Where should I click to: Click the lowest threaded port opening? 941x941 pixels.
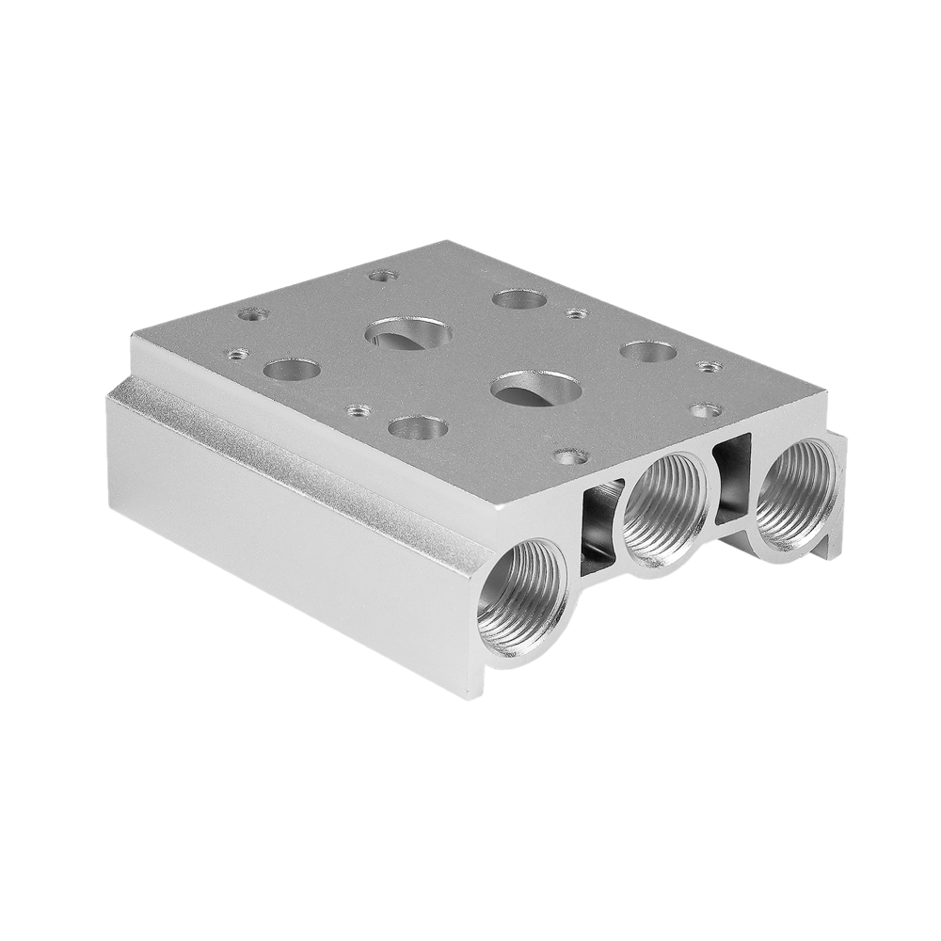[522, 601]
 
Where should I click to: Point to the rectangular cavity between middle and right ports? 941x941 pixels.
[733, 478]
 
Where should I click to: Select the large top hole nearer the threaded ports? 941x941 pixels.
[534, 388]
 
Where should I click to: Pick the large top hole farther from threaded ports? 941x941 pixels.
[407, 333]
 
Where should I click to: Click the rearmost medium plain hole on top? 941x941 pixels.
[518, 299]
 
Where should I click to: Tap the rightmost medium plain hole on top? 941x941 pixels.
[648, 351]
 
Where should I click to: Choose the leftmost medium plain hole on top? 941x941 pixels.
[291, 369]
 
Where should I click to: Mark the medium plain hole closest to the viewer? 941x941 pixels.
[417, 427]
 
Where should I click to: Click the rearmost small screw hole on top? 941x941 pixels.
[382, 276]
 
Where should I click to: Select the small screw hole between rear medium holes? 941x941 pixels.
[577, 312]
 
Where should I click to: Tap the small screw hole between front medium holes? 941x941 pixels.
[358, 410]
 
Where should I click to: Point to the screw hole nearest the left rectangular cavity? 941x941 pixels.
[571, 456]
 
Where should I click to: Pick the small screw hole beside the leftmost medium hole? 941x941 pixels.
[237, 354]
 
